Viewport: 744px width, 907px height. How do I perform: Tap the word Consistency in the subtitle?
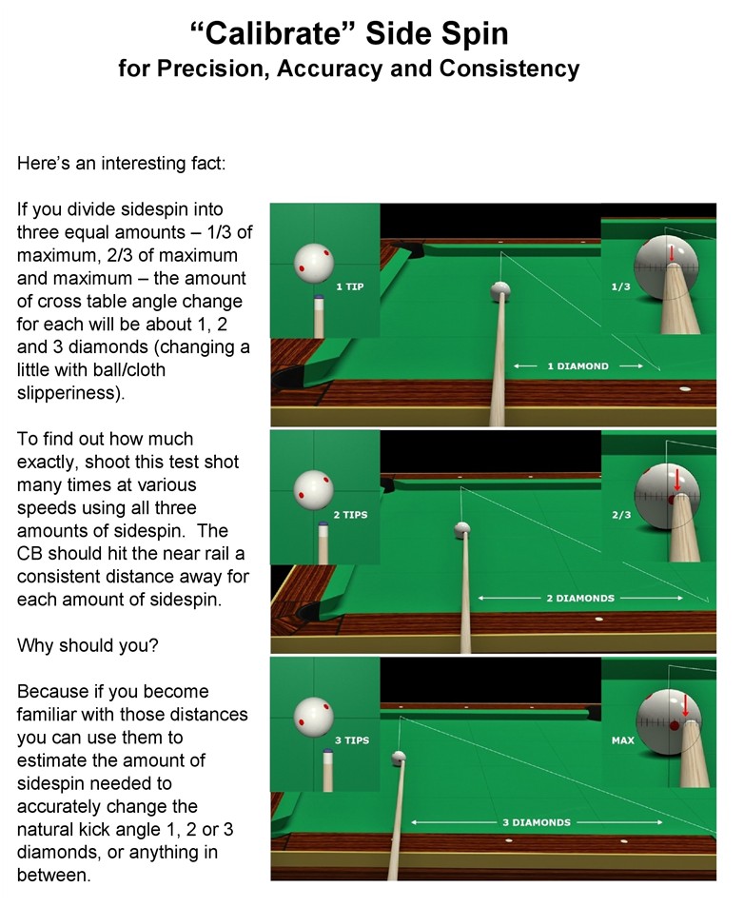click(509, 69)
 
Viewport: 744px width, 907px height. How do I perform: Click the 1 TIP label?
click(350, 286)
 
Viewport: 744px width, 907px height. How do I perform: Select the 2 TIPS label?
click(350, 514)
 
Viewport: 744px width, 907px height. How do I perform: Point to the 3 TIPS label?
click(351, 739)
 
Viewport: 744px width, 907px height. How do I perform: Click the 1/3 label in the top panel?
click(621, 286)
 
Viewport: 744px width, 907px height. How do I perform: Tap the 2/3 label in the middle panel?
click(621, 514)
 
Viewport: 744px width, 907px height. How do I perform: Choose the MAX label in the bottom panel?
click(622, 739)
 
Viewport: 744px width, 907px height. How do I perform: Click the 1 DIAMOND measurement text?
click(578, 366)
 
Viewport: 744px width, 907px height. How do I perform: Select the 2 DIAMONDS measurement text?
click(580, 598)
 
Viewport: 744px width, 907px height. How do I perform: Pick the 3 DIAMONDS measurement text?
click(537, 822)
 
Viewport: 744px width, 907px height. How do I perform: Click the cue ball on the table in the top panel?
click(499, 291)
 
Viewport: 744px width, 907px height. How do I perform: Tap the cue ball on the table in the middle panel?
click(462, 529)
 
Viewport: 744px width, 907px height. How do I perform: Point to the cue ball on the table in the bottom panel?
click(399, 758)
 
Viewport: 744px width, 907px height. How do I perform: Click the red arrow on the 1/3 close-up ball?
click(672, 253)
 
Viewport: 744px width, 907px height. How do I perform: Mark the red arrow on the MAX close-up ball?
click(686, 705)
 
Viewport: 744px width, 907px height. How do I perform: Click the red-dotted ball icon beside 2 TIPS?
click(314, 489)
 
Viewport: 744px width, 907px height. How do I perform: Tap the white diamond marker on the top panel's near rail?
click(685, 389)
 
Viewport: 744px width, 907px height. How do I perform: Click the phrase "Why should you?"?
click(88, 645)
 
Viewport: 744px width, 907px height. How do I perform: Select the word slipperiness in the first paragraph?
click(70, 393)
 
